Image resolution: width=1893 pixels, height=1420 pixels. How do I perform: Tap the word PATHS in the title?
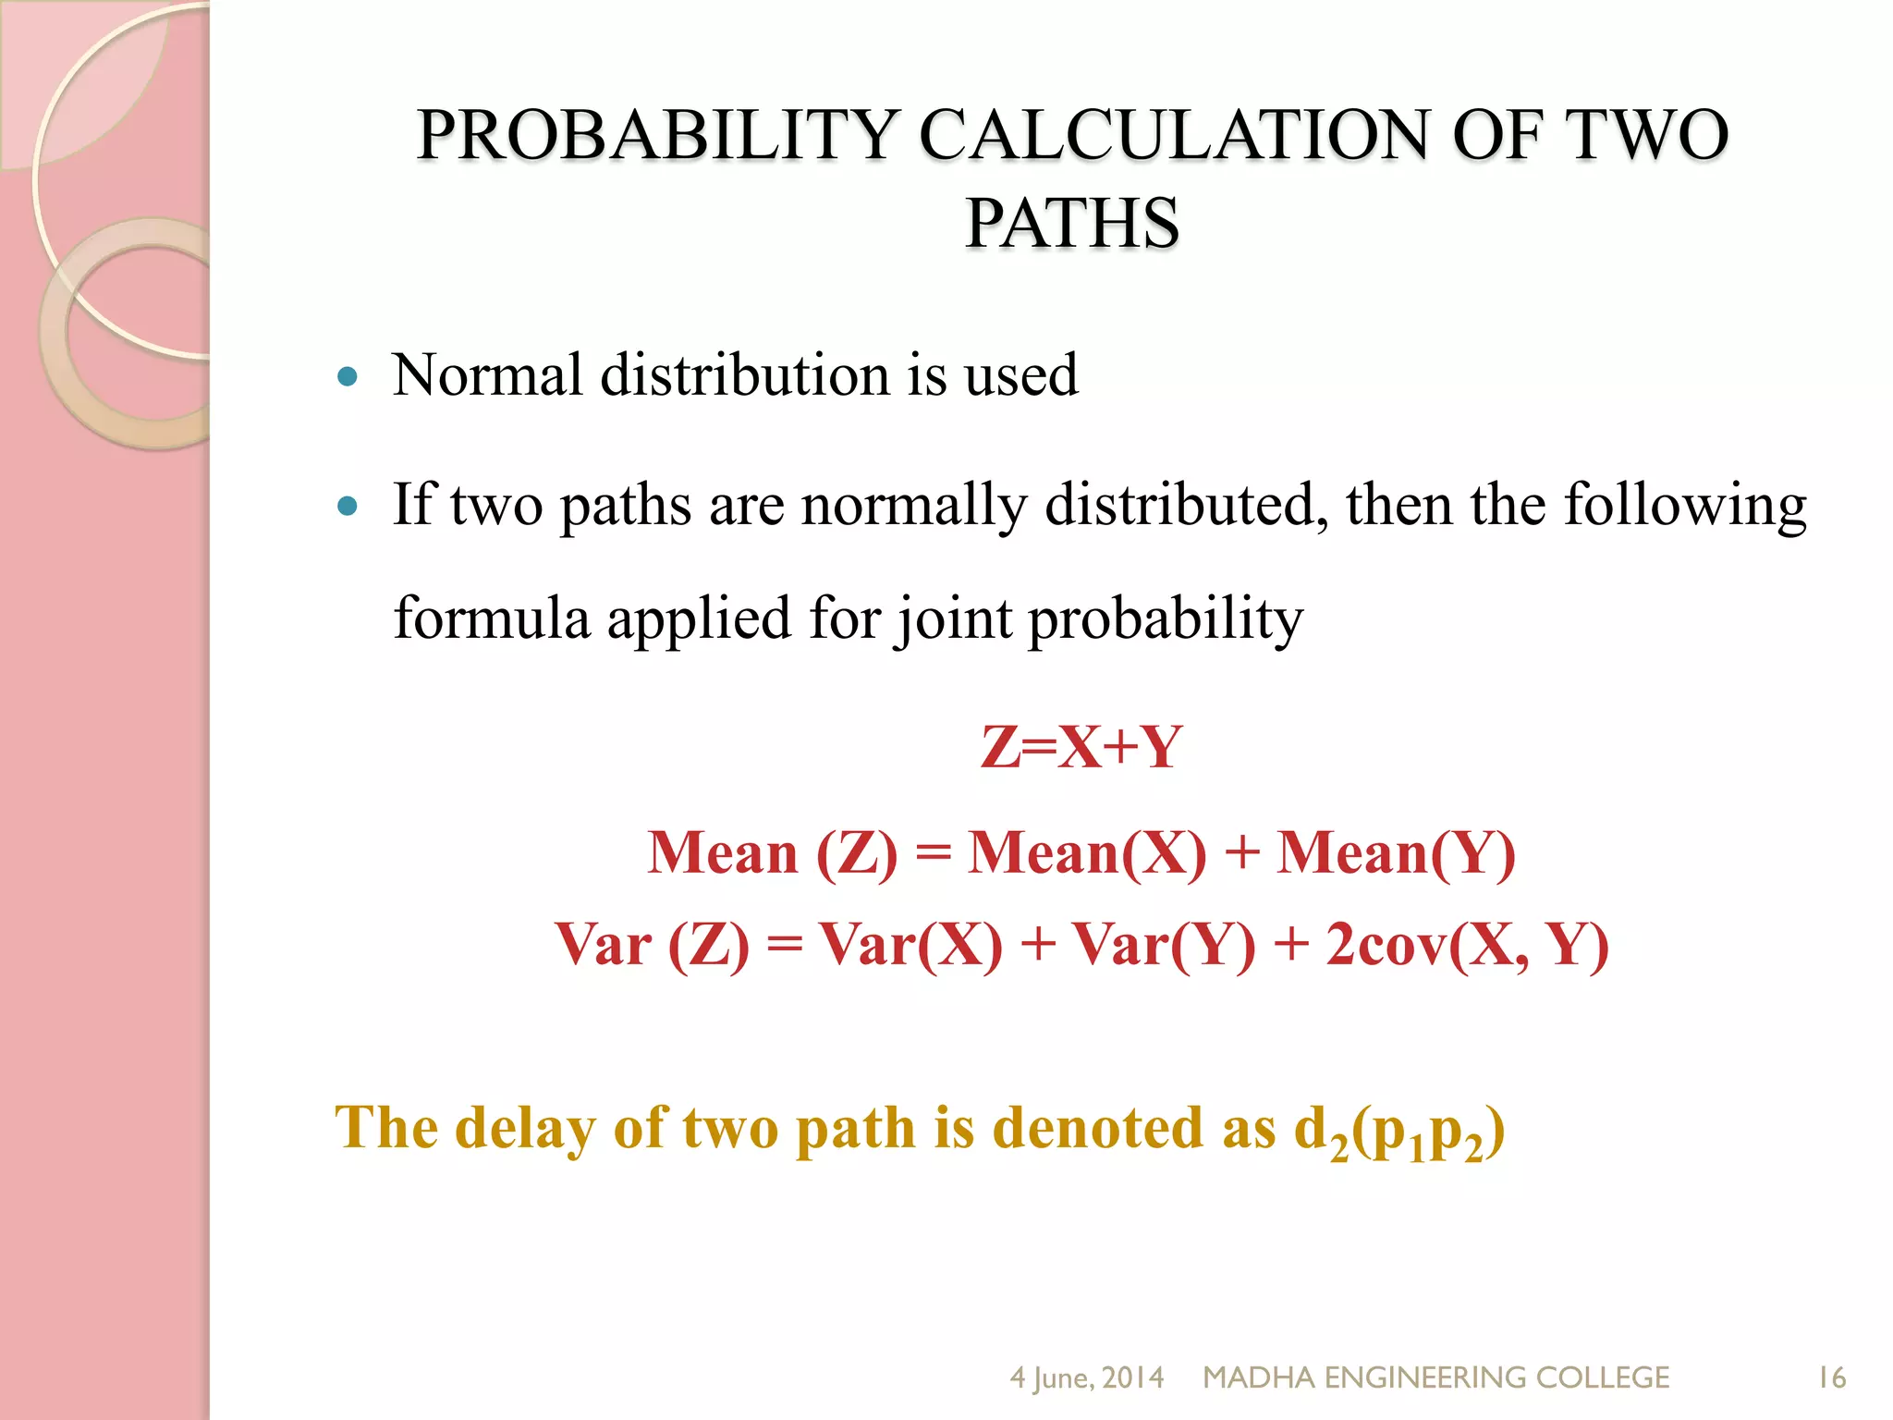[1072, 224]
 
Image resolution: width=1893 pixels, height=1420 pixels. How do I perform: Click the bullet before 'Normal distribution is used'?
[348, 376]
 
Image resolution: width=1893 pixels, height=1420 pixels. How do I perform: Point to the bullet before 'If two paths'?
[348, 507]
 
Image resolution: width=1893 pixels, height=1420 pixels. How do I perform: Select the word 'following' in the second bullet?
[1684, 507]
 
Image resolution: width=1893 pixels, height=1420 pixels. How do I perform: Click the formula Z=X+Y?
[1081, 747]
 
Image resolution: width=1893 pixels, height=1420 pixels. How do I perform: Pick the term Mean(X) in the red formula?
[1087, 851]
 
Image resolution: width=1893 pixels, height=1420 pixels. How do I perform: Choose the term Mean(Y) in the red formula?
[1396, 851]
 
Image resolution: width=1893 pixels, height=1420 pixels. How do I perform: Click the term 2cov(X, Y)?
[1467, 945]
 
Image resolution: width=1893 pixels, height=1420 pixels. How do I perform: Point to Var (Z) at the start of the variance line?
[653, 945]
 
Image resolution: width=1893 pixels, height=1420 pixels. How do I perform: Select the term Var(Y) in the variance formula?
[1164, 945]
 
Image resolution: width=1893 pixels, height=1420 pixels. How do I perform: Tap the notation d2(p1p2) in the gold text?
[1399, 1131]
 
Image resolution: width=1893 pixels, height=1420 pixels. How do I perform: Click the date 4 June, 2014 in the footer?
[1086, 1377]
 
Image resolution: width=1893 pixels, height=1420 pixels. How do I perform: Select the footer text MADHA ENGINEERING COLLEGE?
[1435, 1377]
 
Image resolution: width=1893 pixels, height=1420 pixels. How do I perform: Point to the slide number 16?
[1832, 1377]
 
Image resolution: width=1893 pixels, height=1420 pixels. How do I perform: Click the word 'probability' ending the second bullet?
[1166, 618]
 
